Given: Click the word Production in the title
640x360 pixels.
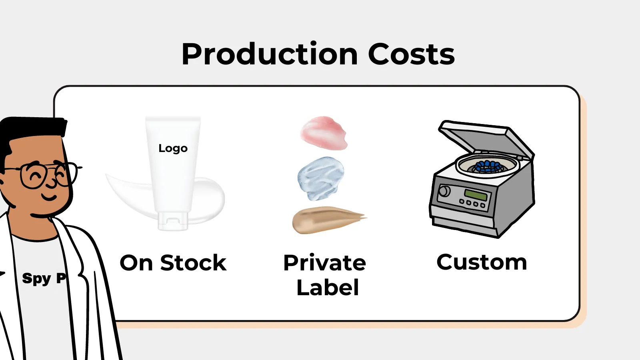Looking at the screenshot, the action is tap(270, 54).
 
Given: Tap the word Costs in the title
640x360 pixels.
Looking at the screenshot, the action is tap(412, 54).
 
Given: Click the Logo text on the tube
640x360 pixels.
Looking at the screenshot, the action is tap(173, 148).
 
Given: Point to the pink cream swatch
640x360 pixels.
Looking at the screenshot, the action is tap(324, 133).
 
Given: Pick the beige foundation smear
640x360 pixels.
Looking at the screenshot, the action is tap(328, 220).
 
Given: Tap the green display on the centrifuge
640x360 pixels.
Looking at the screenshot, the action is tap(476, 194).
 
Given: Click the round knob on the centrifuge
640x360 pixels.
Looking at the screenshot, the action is tap(444, 191).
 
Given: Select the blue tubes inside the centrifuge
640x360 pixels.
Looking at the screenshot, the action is tap(488, 166).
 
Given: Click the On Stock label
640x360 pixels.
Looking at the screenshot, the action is tap(173, 262).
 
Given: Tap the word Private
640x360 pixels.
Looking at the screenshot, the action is tap(324, 262).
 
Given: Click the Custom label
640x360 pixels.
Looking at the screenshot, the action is tap(482, 262).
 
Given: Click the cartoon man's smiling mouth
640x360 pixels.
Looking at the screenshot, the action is tap(49, 197).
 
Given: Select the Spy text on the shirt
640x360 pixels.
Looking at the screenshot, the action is tap(37, 278).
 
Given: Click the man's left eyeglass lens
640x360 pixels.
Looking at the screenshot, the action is tap(32, 176).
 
